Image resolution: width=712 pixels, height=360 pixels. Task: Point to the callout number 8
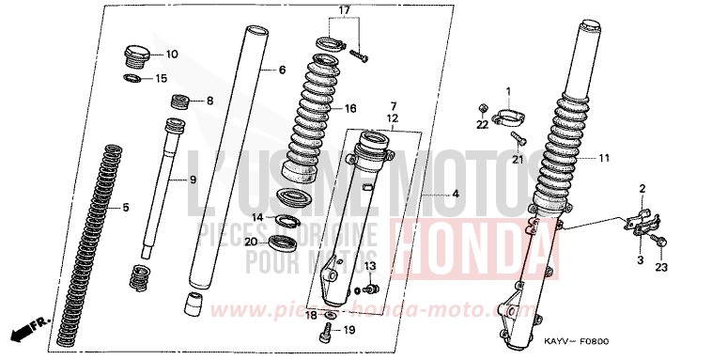point(209,101)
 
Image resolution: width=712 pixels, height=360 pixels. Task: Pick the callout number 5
point(280,70)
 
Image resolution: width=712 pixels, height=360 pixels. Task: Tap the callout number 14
point(257,218)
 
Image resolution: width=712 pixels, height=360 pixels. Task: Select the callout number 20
point(251,242)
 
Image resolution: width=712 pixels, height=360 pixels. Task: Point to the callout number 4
point(455,195)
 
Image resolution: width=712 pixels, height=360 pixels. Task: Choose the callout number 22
point(482,124)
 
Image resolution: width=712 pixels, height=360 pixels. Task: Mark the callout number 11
point(603,158)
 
